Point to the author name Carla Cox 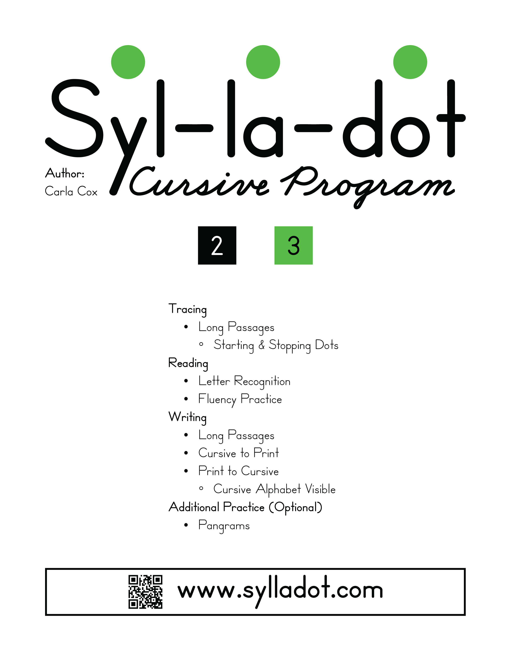[x=71, y=191]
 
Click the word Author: [x=65, y=173]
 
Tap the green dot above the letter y [x=128, y=62]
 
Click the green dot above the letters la [x=263, y=62]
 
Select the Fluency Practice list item [x=240, y=399]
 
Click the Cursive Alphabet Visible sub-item [x=274, y=489]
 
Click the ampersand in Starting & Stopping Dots [x=262, y=345]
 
